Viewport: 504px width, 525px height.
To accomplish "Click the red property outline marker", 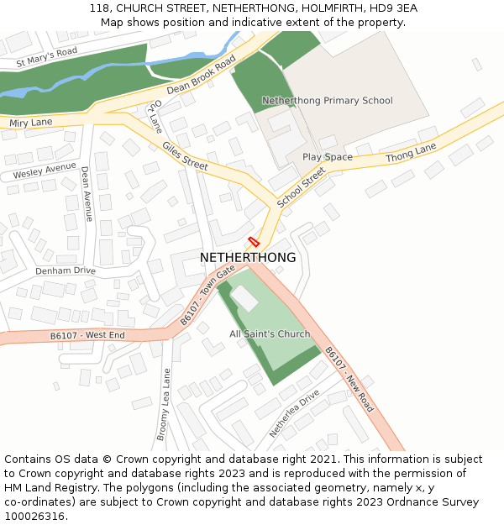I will click(x=254, y=241).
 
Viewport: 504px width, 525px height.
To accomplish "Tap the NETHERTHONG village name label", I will click(x=248, y=258).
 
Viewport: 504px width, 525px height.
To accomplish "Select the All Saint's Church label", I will click(x=270, y=333).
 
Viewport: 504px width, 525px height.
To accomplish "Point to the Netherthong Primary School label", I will click(x=327, y=101).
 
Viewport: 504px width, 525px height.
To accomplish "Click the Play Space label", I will click(x=328, y=157).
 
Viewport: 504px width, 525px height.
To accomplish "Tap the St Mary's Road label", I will click(x=46, y=57).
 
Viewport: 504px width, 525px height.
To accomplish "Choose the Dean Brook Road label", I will click(x=202, y=76).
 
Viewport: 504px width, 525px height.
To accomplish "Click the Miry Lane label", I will click(x=30, y=123).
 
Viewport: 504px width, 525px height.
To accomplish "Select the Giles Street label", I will click(x=185, y=156).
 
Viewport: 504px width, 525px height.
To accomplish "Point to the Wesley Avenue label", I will click(x=44, y=171).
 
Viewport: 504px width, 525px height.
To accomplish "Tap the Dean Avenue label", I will click(x=87, y=194).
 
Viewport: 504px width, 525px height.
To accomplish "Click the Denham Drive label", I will click(x=66, y=270).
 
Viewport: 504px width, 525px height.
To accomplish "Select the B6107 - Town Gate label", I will click(x=207, y=296).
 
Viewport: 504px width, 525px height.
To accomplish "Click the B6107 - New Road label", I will click(x=349, y=378).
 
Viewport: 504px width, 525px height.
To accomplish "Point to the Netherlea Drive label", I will click(x=294, y=413).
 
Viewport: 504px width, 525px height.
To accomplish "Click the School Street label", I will click(x=301, y=187).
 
